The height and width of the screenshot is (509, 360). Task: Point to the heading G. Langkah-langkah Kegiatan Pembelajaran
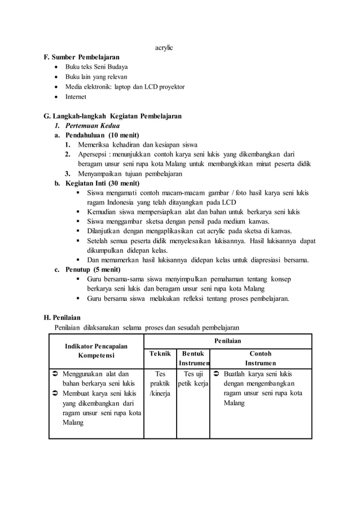(x=112, y=116)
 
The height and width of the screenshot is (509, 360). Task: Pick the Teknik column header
(x=160, y=354)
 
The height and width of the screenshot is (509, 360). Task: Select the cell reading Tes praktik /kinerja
(x=160, y=383)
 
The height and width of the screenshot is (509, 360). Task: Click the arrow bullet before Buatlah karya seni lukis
(x=217, y=374)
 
